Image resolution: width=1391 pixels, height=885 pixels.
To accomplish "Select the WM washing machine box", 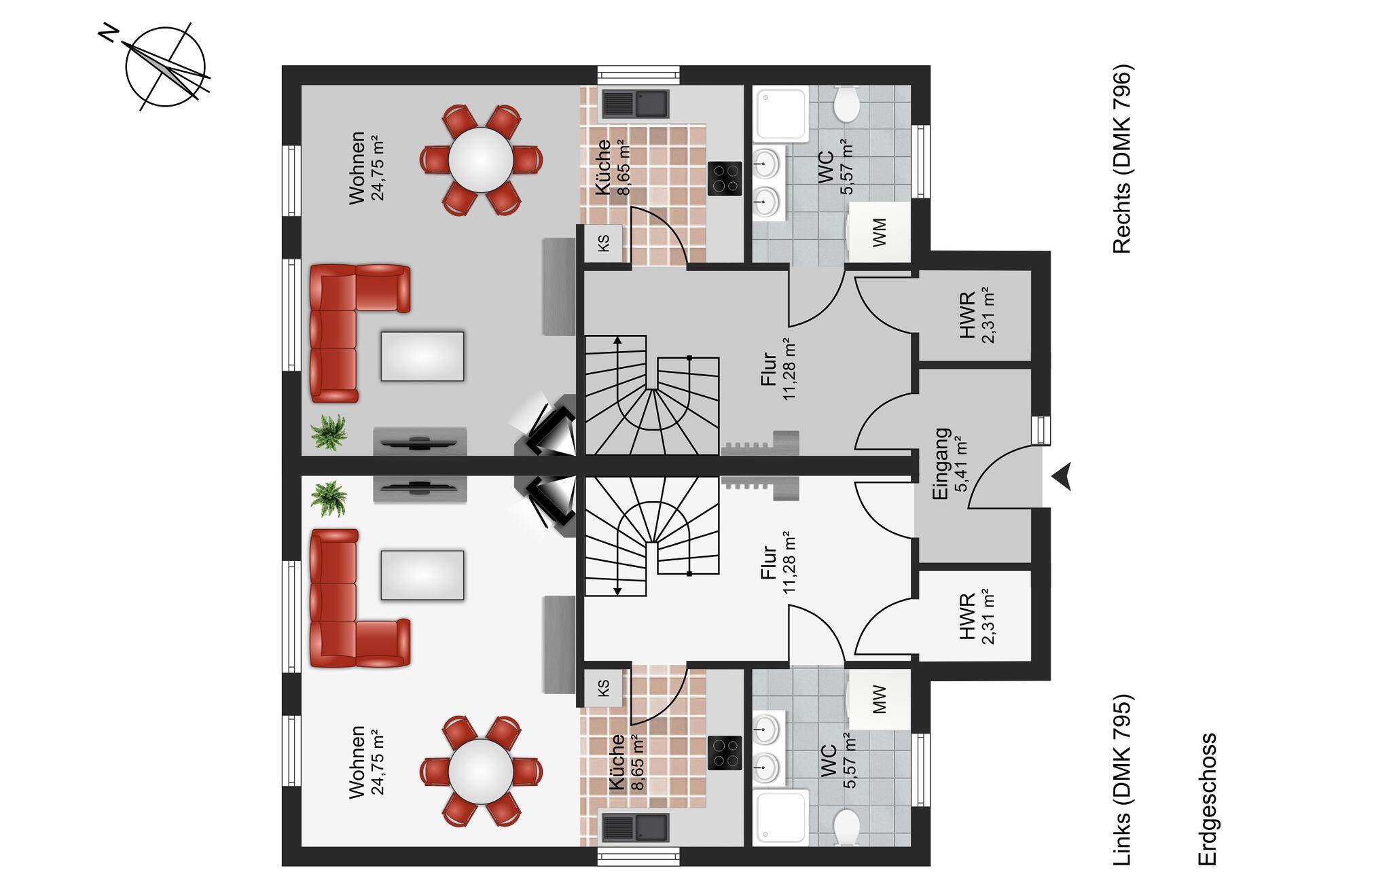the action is (879, 232).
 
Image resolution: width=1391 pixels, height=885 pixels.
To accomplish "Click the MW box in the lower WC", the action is (879, 700).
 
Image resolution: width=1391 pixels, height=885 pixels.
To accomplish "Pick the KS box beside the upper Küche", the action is (603, 242).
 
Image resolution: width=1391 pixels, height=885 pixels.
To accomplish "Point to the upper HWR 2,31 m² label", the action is (977, 316).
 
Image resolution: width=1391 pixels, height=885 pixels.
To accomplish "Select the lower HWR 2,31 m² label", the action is (977, 617).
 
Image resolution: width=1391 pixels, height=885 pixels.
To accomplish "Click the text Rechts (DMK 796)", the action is (1122, 159).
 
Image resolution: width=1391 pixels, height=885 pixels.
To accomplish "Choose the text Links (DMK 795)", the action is (1122, 789).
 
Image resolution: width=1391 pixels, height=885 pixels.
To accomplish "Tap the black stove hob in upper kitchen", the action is (725, 179).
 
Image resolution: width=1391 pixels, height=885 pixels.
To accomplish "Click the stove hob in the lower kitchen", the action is (725, 753).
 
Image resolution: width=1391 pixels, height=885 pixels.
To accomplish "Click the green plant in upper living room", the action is (329, 431).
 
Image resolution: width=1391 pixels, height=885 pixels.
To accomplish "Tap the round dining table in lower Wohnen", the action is (481, 772).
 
